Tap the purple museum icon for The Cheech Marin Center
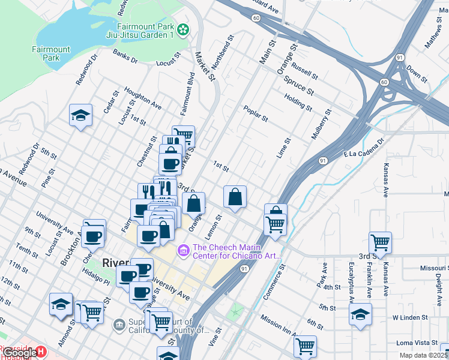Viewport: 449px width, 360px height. click(184, 248)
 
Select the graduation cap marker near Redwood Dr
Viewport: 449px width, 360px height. click(80, 115)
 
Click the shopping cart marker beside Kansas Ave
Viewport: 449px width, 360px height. click(381, 242)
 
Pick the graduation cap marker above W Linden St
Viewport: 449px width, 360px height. click(360, 314)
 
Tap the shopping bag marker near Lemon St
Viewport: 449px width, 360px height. click(235, 196)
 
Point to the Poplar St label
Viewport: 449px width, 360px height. click(255, 112)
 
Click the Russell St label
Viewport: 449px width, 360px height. click(305, 72)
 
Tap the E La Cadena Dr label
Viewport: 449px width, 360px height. click(363, 151)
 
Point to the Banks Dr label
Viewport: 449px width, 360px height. click(125, 56)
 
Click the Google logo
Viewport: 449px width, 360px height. click(19, 352)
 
